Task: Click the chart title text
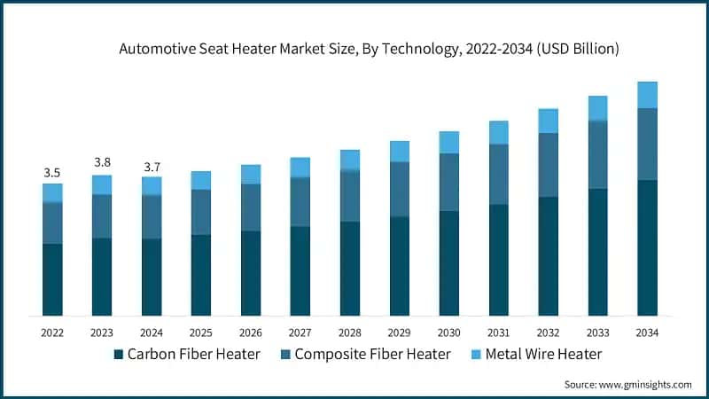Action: (x=369, y=51)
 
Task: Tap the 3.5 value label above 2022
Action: (x=52, y=172)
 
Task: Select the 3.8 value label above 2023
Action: (x=102, y=162)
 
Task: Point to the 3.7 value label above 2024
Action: (x=152, y=166)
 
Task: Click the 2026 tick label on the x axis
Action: (x=251, y=332)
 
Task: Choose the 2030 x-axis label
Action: (x=449, y=332)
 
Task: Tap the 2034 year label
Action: (x=647, y=332)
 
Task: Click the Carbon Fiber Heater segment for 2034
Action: (x=648, y=247)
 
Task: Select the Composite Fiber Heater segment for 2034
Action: (x=648, y=144)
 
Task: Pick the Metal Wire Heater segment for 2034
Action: (x=648, y=95)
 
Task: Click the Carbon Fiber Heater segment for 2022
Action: (x=52, y=279)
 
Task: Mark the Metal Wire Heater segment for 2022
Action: (x=52, y=192)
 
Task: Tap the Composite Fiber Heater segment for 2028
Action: (x=350, y=195)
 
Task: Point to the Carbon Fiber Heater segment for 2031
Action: (x=499, y=260)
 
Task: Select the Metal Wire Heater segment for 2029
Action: (x=400, y=151)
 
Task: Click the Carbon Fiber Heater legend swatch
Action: (x=118, y=355)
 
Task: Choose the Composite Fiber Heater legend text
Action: (x=372, y=355)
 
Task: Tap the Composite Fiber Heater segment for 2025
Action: (x=201, y=212)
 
